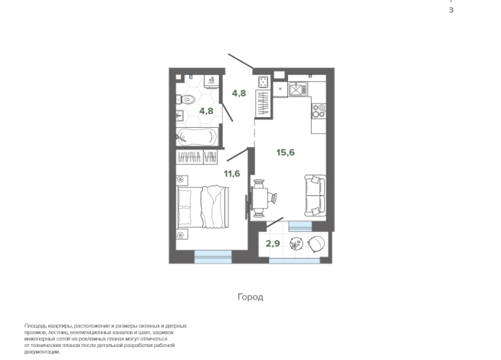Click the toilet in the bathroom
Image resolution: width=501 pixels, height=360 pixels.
point(186,100)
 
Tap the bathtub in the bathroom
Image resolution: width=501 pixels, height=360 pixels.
point(197,137)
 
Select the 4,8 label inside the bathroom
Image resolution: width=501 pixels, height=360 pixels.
point(206,111)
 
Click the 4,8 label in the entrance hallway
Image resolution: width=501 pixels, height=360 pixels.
point(239,93)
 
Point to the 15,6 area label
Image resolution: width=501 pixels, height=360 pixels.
point(285,152)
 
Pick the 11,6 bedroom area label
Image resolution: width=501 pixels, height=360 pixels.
point(231,174)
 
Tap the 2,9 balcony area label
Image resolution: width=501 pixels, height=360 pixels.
point(273,244)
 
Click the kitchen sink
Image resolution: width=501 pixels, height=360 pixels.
point(298,89)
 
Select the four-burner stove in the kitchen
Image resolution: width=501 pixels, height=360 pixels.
point(319,111)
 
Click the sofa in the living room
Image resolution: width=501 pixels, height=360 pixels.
point(315,195)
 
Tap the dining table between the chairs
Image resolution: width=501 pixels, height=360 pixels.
point(260,198)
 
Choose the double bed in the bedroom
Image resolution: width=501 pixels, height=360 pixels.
point(203,207)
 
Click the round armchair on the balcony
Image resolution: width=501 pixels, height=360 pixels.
point(316,244)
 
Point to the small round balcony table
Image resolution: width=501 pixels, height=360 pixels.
point(296,244)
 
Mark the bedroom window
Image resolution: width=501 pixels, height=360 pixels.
point(213,257)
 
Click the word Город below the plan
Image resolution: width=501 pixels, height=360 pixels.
point(250,297)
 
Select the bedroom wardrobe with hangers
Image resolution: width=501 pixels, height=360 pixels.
point(197,157)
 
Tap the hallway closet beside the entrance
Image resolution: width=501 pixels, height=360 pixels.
point(264,103)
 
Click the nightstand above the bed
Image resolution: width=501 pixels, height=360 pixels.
point(182,180)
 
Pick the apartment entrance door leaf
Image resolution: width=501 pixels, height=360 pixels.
point(241,61)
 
